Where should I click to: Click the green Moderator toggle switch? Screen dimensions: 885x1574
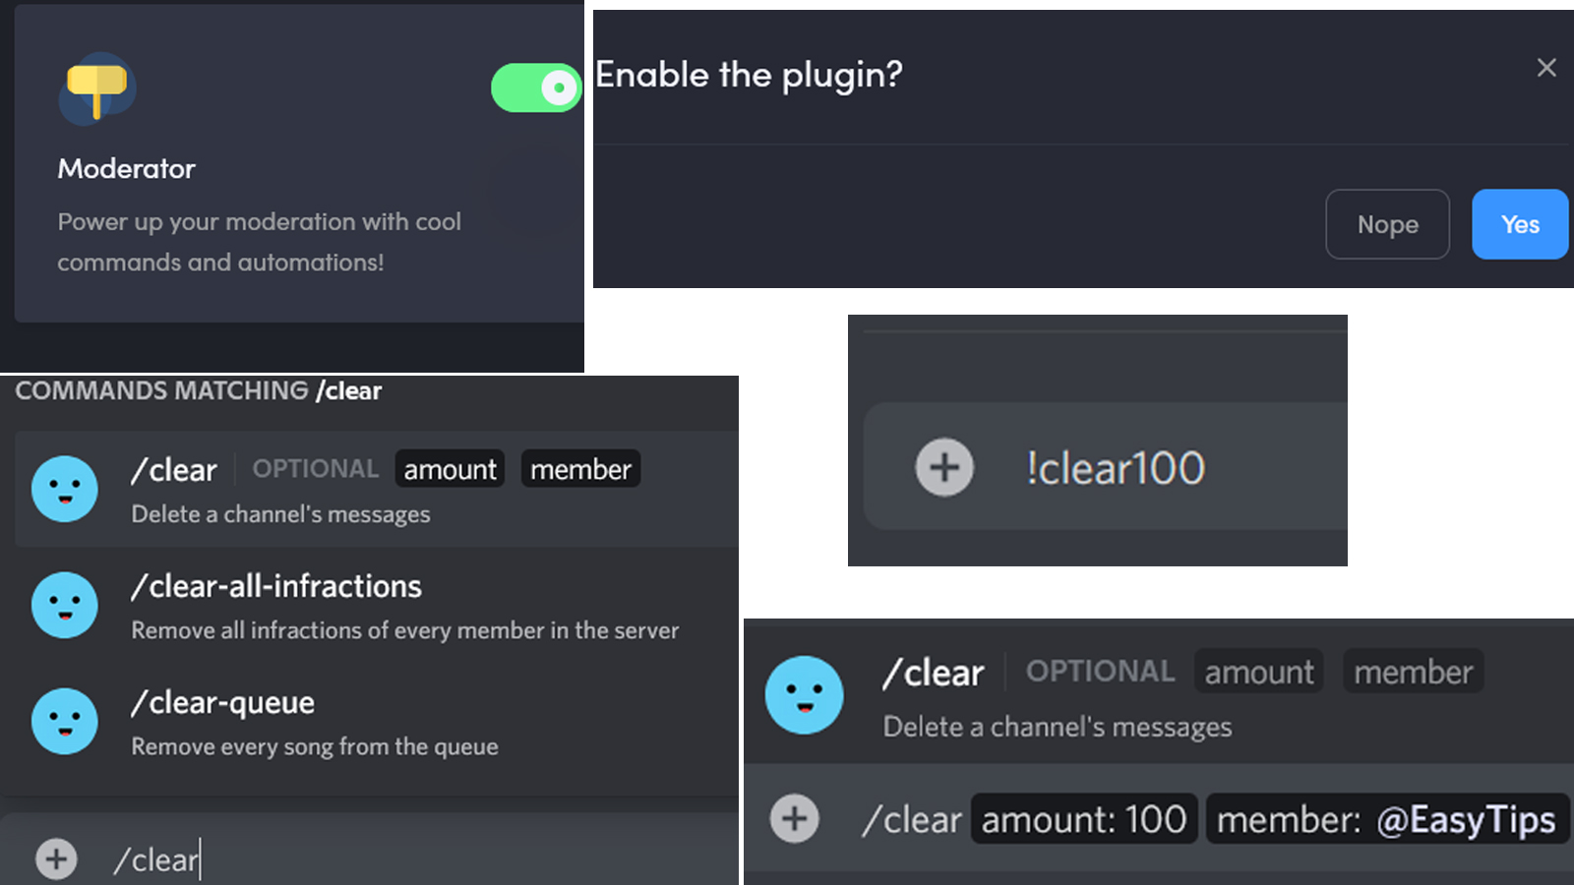pos(536,88)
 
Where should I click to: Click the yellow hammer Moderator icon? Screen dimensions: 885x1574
pos(96,88)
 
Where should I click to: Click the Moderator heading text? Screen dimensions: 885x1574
pos(126,169)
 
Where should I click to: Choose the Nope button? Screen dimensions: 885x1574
pos(1387,224)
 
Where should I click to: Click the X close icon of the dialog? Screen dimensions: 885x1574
pos(1546,67)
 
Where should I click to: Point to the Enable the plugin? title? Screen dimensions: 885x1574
pos(749,75)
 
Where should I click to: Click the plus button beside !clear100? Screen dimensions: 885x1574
pos(944,467)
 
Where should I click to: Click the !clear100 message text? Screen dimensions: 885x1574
pos(1115,468)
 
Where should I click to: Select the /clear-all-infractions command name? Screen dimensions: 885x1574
pos(276,587)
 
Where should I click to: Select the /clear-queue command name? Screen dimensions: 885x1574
pos(223,703)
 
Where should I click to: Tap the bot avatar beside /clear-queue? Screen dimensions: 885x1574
pos(65,721)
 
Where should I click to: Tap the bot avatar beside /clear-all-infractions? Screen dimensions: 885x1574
pos(65,605)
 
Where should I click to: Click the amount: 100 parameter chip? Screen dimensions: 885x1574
pos(1083,819)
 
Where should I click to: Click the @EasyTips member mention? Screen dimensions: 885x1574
pos(1465,820)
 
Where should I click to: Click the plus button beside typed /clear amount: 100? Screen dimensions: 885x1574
pos(794,818)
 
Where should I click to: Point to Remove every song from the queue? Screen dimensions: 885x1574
pos(315,747)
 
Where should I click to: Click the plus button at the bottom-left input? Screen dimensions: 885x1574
pos(56,858)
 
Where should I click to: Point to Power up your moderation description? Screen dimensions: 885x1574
pos(259,242)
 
